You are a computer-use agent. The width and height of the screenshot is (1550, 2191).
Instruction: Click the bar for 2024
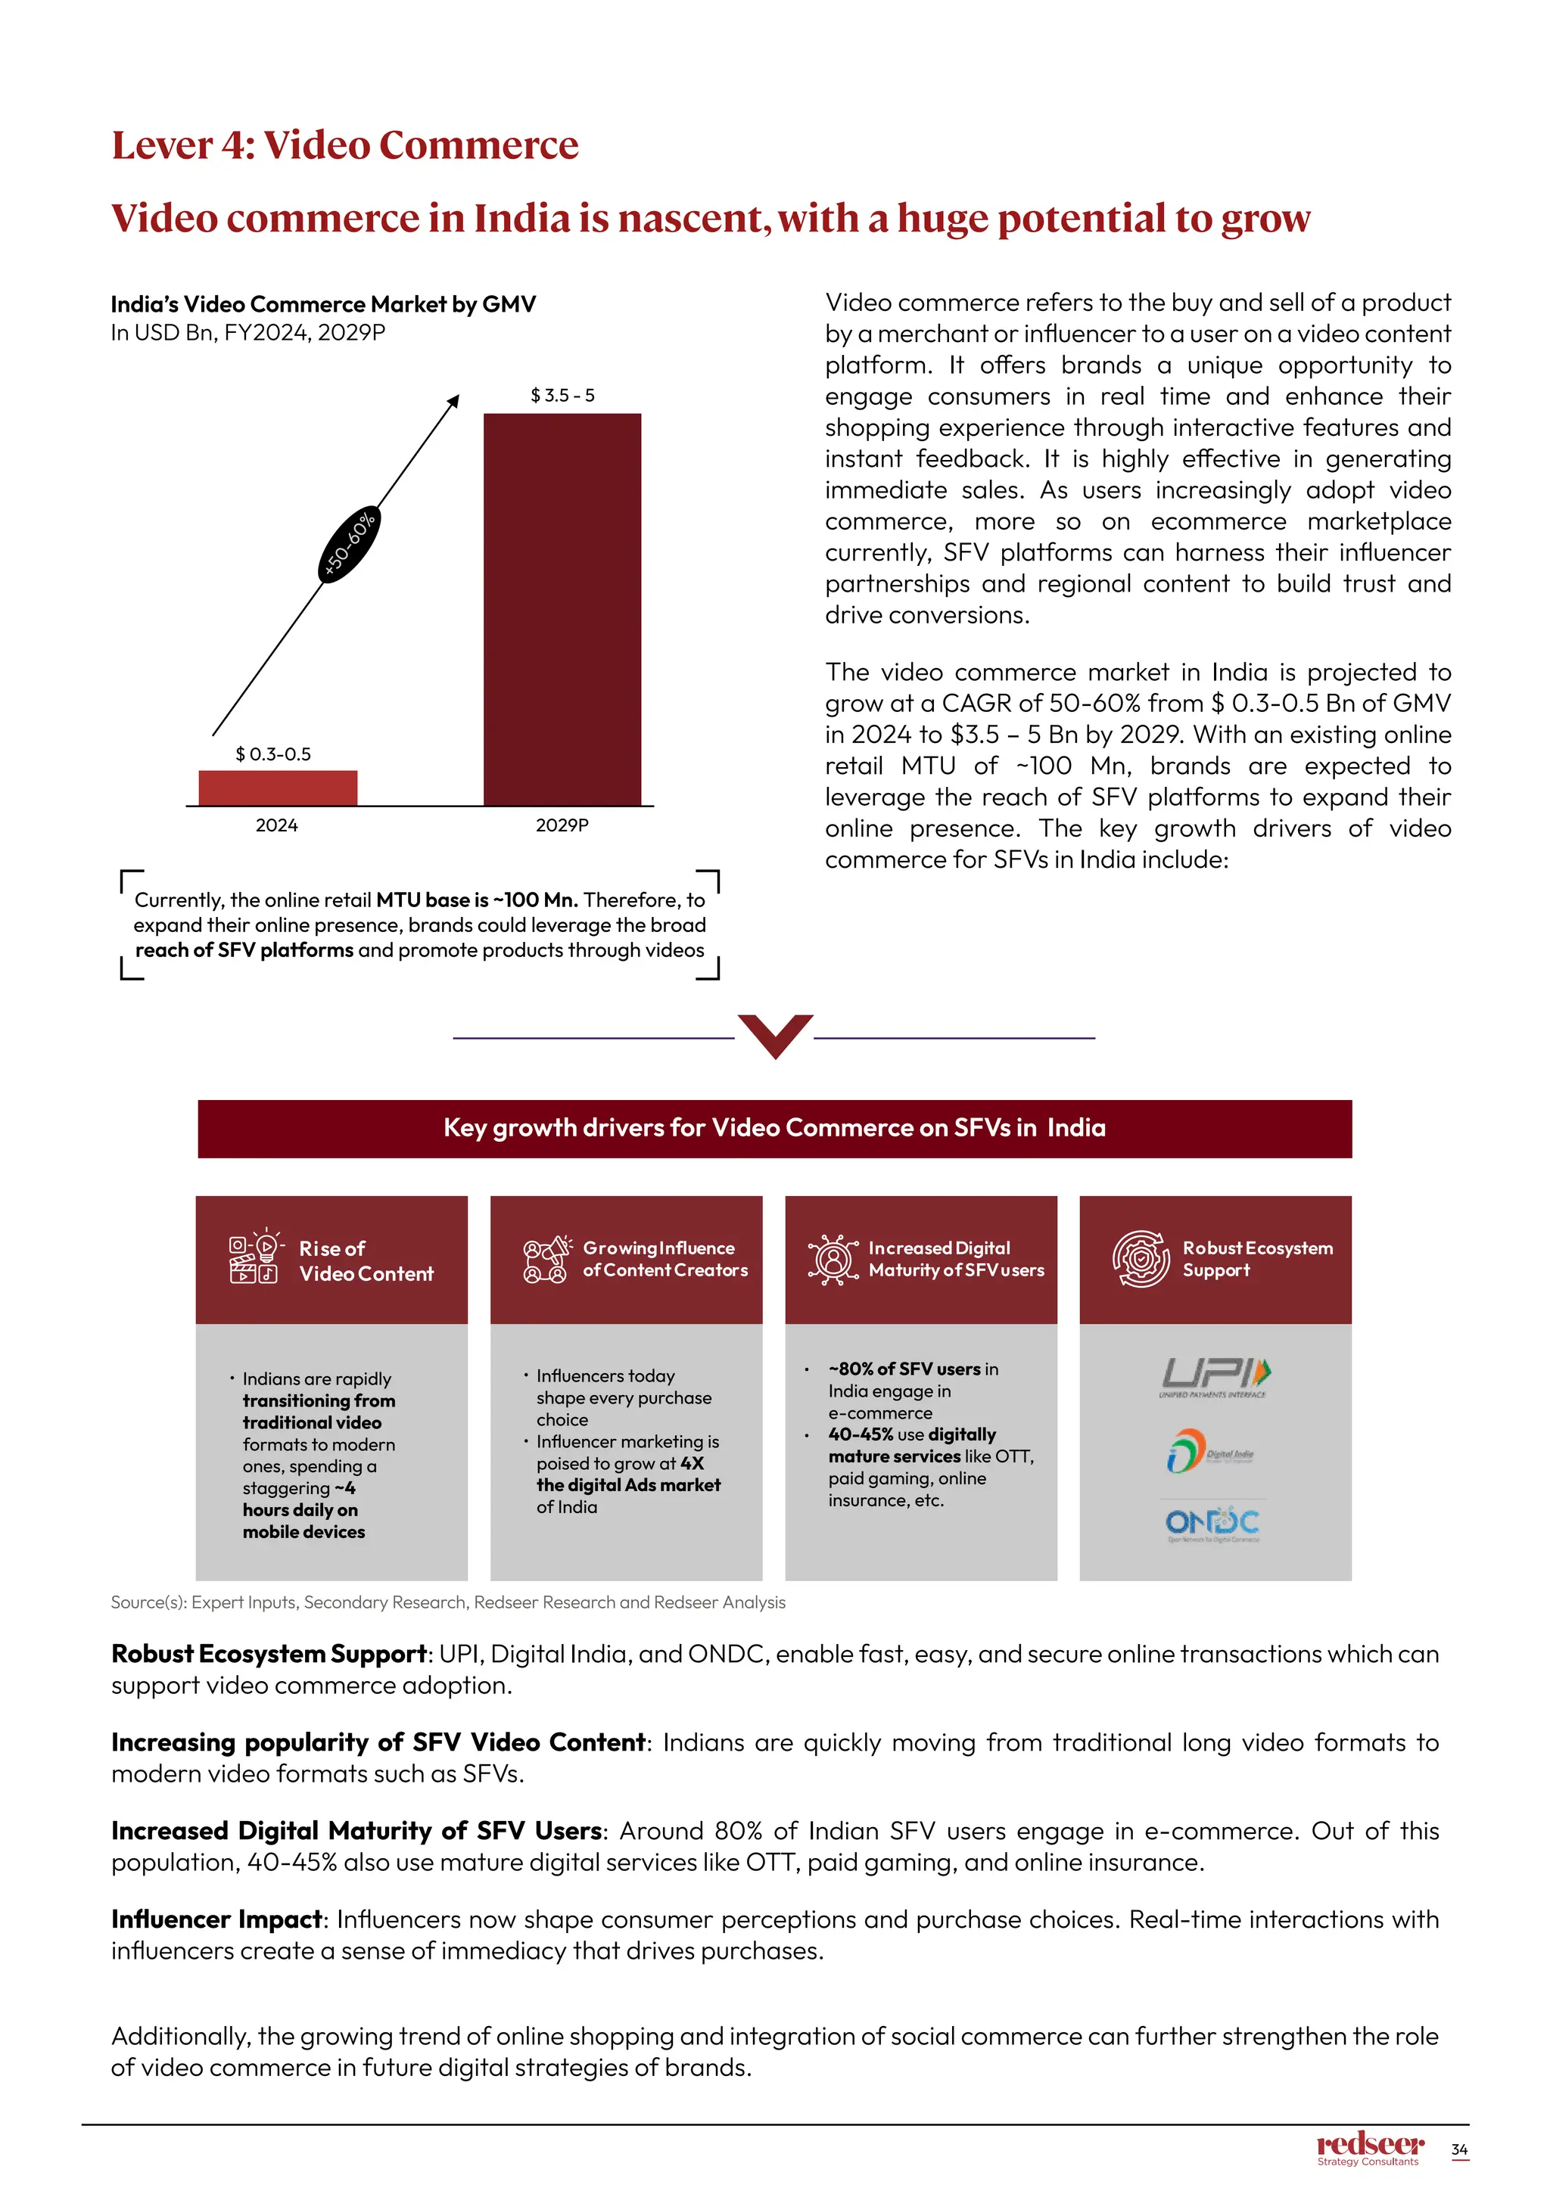[278, 788]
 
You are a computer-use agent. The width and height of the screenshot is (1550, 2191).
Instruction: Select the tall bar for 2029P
[562, 610]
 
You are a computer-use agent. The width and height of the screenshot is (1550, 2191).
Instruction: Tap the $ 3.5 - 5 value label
[562, 395]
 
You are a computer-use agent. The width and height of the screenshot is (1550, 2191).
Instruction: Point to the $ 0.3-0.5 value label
[273, 754]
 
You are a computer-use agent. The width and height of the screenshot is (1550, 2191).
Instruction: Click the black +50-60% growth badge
[348, 545]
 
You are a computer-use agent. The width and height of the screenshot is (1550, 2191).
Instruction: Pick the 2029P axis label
[562, 825]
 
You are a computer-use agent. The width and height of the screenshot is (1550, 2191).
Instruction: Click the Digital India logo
[1210, 1451]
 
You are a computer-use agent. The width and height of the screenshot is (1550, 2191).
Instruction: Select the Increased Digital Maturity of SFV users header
[955, 1259]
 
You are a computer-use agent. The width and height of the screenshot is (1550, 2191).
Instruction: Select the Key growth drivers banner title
[774, 1128]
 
